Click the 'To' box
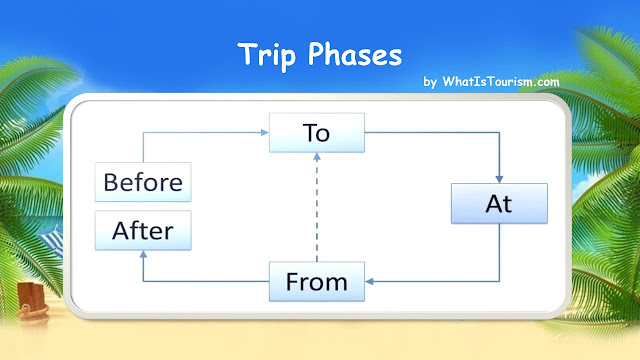(317, 134)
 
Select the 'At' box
(499, 204)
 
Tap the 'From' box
(317, 281)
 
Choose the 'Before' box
(143, 183)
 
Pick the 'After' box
(143, 231)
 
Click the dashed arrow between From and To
(317, 210)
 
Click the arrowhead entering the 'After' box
(143, 255)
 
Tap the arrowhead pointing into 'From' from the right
(369, 281)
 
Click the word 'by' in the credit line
(430, 82)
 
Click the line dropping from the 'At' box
(499, 255)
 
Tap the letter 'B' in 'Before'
(111, 183)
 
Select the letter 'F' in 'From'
(292, 281)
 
